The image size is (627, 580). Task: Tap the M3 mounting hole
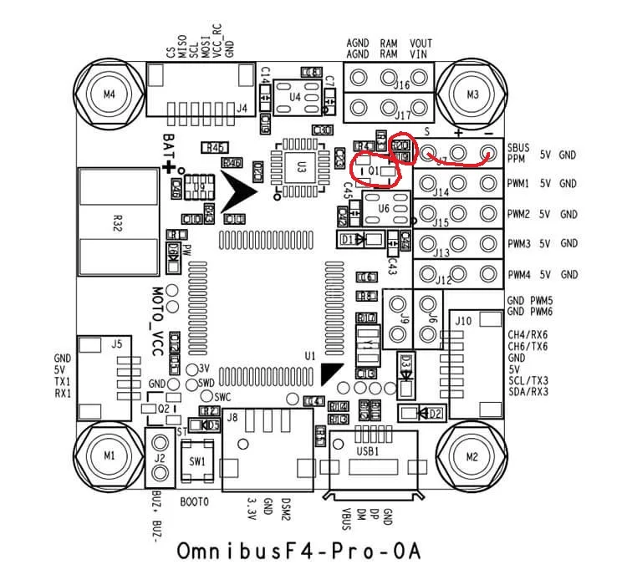pyautogui.click(x=472, y=94)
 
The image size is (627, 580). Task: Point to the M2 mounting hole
pyautogui.click(x=472, y=456)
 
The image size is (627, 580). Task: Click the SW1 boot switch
pyautogui.click(x=197, y=461)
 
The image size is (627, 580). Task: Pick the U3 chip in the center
pyautogui.click(x=302, y=166)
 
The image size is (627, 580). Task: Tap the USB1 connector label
pyautogui.click(x=369, y=450)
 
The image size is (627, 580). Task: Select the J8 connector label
pyautogui.click(x=232, y=417)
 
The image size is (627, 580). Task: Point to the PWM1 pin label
pyautogui.click(x=517, y=183)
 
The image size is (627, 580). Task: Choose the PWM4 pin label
pyautogui.click(x=517, y=275)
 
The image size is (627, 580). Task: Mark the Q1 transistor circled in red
pyautogui.click(x=375, y=170)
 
